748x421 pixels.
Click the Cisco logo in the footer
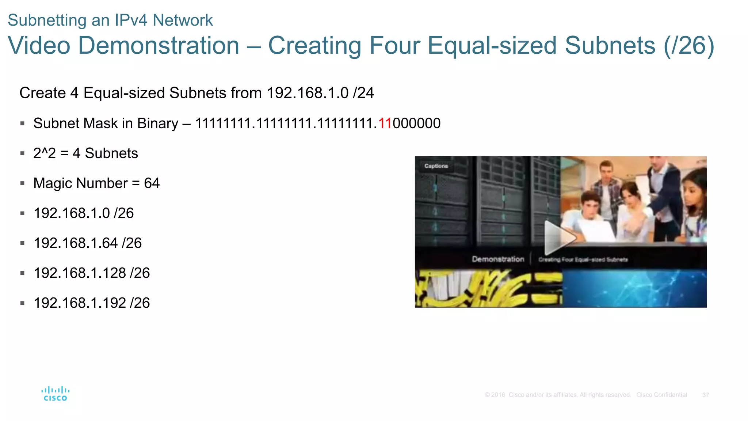point(56,394)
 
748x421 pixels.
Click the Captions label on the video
point(436,166)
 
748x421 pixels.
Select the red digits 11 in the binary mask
point(385,124)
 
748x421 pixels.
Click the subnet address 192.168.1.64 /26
point(88,243)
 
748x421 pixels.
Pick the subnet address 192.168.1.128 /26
point(92,273)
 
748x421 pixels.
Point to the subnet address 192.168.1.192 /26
point(92,303)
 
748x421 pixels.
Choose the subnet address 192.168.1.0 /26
point(84,213)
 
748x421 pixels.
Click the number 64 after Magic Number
point(152,183)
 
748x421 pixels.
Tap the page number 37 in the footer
point(705,395)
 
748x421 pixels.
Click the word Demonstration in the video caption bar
point(498,259)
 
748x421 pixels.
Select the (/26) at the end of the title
point(688,46)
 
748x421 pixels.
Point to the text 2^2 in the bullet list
point(45,153)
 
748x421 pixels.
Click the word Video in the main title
point(39,46)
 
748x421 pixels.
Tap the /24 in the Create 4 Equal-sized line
point(363,93)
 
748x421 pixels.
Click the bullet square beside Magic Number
point(23,183)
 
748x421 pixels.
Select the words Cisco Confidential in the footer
point(661,395)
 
